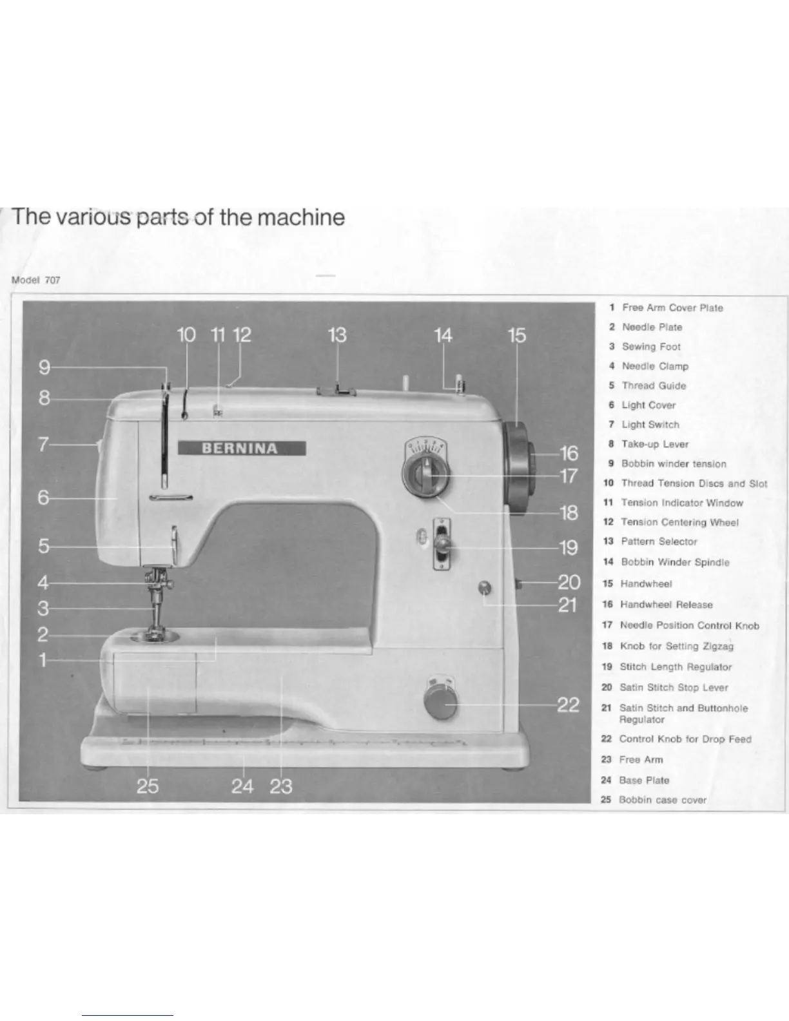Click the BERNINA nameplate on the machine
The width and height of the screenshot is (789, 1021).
(242, 449)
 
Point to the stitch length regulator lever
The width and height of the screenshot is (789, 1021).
(442, 545)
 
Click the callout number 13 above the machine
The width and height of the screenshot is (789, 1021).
(337, 335)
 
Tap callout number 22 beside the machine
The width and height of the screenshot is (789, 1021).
(568, 705)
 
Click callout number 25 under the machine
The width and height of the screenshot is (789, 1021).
(148, 786)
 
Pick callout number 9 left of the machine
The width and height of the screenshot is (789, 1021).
(44, 367)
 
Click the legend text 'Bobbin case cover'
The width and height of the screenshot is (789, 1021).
(663, 800)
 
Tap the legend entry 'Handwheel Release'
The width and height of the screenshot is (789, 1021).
(666, 605)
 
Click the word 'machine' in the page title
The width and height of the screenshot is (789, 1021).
(301, 217)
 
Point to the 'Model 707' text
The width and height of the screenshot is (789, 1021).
(36, 280)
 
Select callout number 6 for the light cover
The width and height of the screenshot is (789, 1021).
(43, 498)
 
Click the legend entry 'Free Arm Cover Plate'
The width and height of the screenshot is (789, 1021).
(672, 308)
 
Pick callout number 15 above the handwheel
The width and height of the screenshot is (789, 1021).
(516, 335)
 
